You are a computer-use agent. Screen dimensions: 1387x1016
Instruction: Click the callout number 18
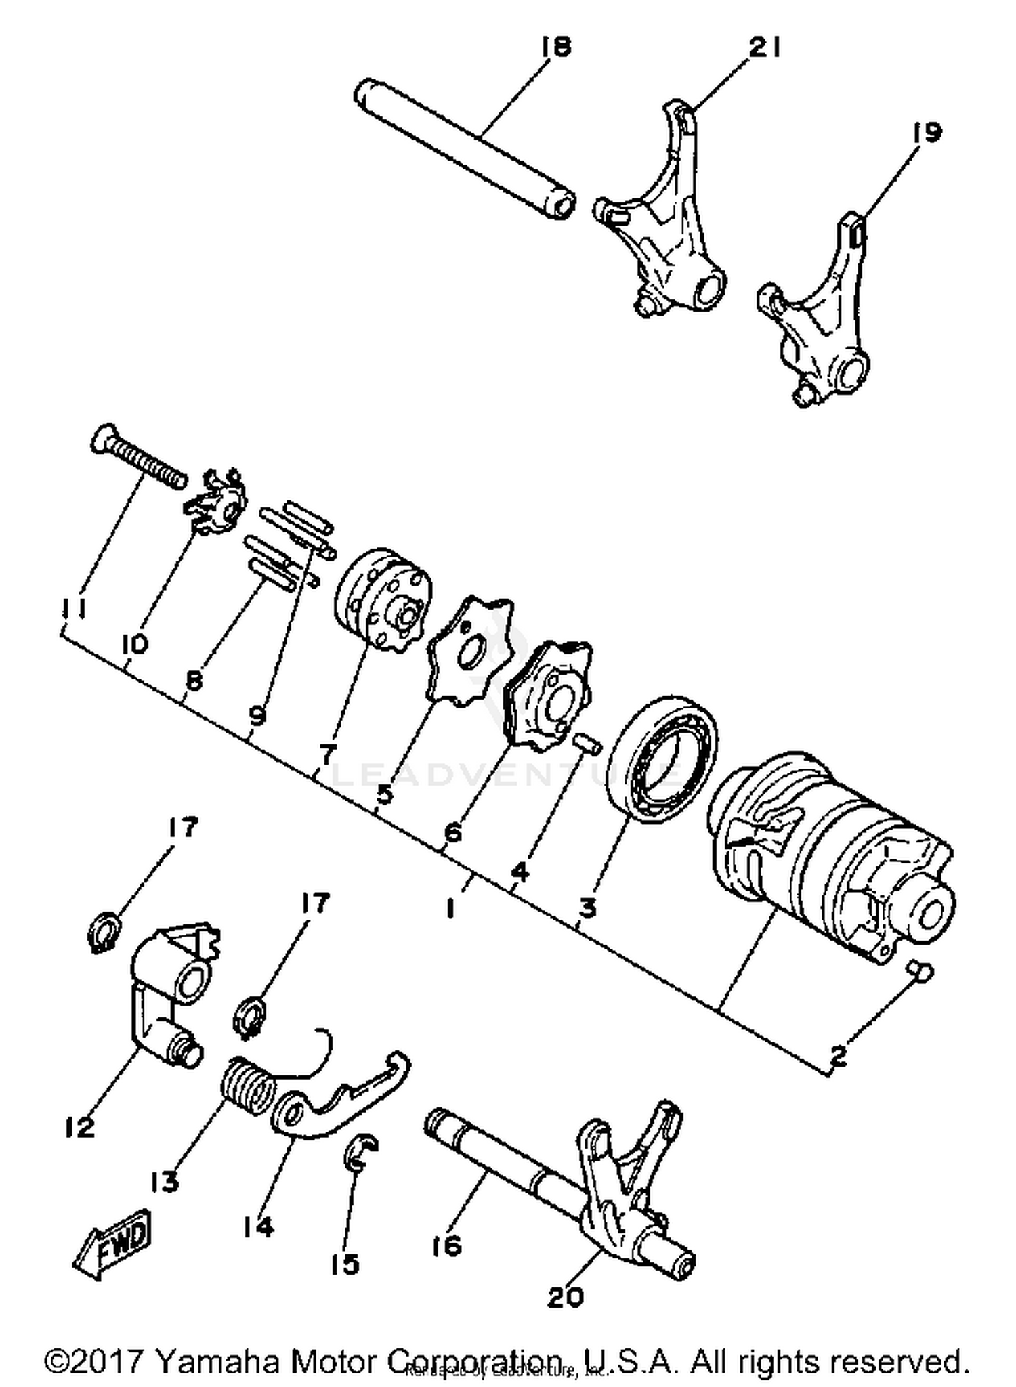[x=556, y=47]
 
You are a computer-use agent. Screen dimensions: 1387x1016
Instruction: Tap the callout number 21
[x=765, y=49]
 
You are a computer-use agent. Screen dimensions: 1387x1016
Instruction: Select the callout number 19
[x=926, y=132]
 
